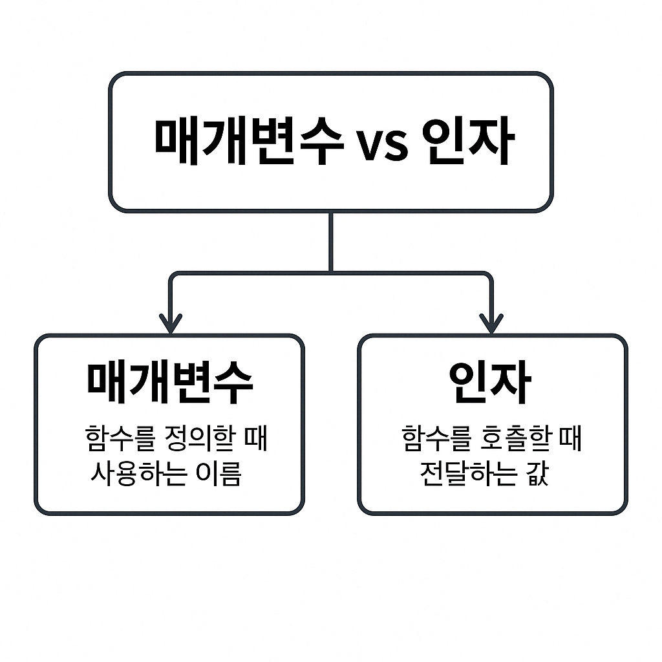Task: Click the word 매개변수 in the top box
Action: [248, 142]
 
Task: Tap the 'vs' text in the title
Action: [382, 145]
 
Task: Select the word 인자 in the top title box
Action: [467, 142]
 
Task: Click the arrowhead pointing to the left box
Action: [170, 323]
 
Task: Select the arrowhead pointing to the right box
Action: [491, 323]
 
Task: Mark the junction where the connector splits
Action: [330, 273]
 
